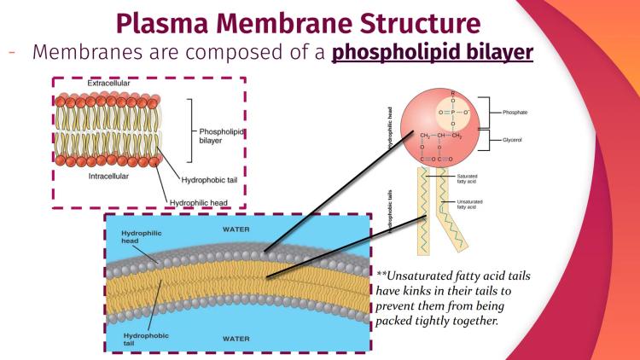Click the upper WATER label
pyautogui.click(x=236, y=229)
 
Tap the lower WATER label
pyautogui.click(x=236, y=339)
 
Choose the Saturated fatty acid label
pyautogui.click(x=468, y=178)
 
